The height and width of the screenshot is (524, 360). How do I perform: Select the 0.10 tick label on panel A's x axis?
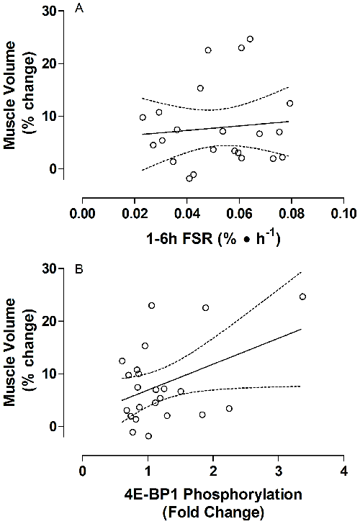pyautogui.click(x=343, y=214)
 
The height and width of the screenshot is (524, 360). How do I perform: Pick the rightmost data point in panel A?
pyautogui.click(x=289, y=103)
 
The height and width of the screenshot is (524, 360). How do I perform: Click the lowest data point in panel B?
pyautogui.click(x=148, y=436)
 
